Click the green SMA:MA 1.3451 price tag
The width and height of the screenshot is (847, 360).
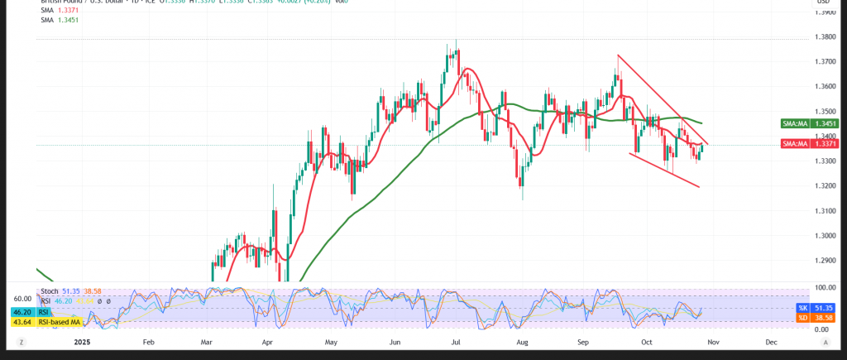pyautogui.click(x=797, y=123)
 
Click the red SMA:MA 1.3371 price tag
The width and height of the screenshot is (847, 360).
pyautogui.click(x=797, y=143)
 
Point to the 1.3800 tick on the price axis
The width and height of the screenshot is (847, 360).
pyautogui.click(x=824, y=37)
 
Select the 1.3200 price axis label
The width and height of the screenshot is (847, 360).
pyautogui.click(x=824, y=185)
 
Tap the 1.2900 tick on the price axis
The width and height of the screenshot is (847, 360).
pyautogui.click(x=824, y=261)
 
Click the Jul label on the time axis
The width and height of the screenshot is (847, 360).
pyautogui.click(x=457, y=341)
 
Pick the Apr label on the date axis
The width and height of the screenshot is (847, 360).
pyautogui.click(x=267, y=341)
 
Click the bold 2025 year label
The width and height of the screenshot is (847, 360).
pyautogui.click(x=81, y=341)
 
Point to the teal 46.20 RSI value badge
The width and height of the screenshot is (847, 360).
pyautogui.click(x=20, y=312)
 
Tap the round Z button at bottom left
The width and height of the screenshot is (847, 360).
pyautogui.click(x=21, y=341)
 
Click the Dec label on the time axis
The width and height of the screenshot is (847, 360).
pyautogui.click(x=770, y=341)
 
